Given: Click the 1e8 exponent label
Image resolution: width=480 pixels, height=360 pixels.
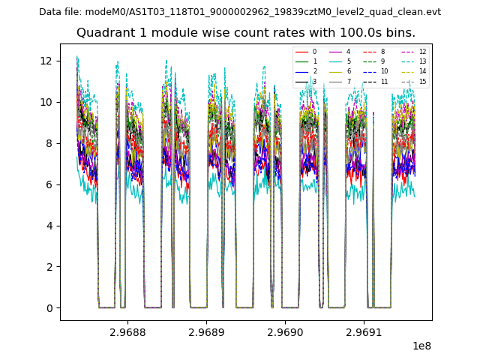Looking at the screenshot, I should pos(421,346).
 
